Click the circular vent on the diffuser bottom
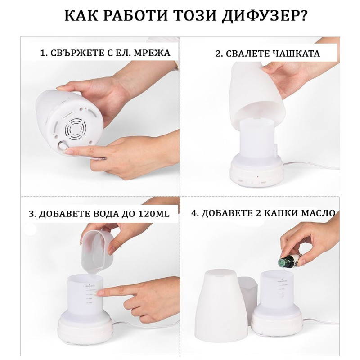(x=77, y=130)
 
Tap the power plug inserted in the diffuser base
(x=62, y=146)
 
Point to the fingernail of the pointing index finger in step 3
(x=100, y=292)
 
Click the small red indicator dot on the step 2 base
(x=258, y=176)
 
